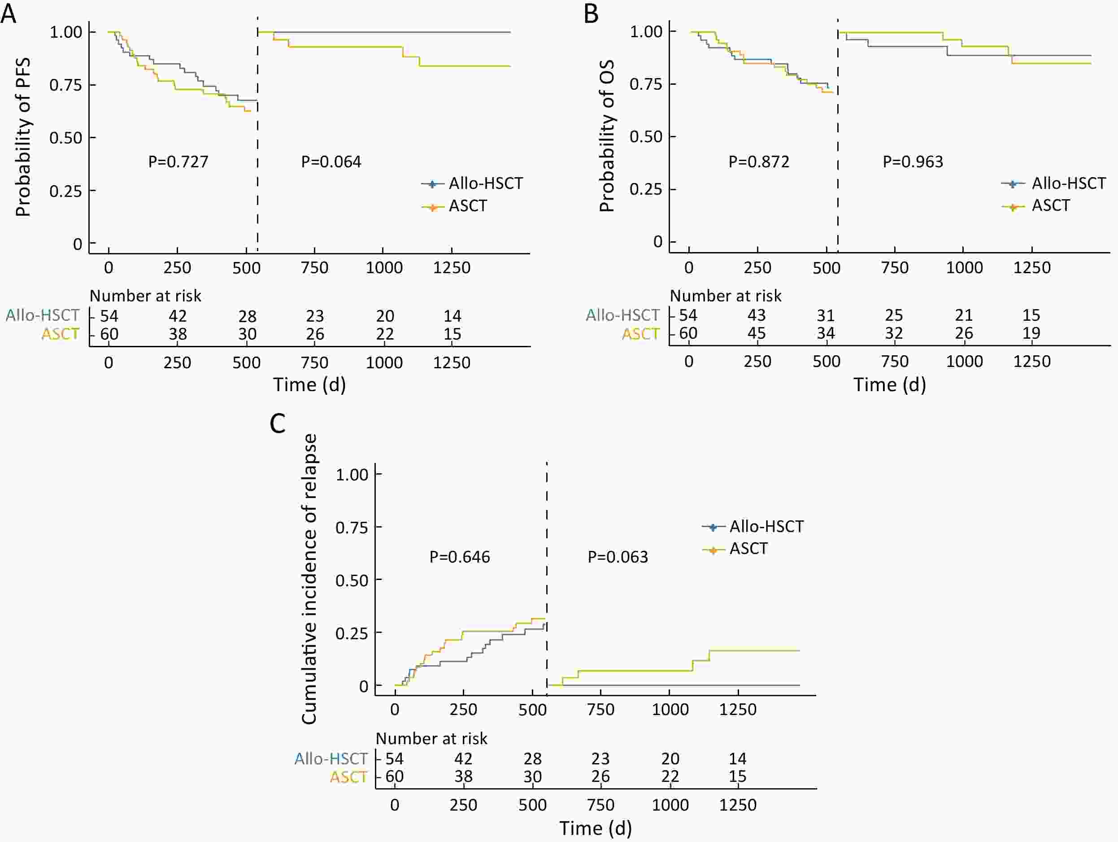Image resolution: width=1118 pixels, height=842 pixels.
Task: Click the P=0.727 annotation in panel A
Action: pos(178,162)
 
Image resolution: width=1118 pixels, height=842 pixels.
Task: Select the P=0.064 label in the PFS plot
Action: pos(331,162)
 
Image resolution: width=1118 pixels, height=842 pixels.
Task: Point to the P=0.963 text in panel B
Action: pos(912,162)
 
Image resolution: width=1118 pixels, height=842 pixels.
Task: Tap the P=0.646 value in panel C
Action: pos(459,557)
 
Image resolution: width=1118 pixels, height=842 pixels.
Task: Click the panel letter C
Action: pos(278,423)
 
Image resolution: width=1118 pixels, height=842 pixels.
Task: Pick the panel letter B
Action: pos(591,13)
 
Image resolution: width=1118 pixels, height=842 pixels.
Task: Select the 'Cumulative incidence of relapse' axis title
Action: pos(309,579)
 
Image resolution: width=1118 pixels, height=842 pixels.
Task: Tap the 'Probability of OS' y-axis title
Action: pos(606,135)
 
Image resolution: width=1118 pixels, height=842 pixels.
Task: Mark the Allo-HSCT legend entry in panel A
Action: pos(485,183)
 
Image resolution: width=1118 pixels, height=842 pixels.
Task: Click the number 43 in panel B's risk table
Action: pos(757,315)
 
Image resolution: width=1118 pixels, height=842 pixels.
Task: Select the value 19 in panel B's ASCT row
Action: pos(1031,333)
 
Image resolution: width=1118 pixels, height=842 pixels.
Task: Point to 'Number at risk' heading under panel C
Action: pos(431,738)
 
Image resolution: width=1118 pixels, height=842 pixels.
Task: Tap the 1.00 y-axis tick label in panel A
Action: pos(66,32)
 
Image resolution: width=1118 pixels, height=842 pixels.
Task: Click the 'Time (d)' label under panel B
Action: pos(890,385)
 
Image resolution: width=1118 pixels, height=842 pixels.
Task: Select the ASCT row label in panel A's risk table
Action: pos(60,334)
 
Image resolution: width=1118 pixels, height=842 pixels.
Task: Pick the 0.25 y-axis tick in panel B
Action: pos(645,190)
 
